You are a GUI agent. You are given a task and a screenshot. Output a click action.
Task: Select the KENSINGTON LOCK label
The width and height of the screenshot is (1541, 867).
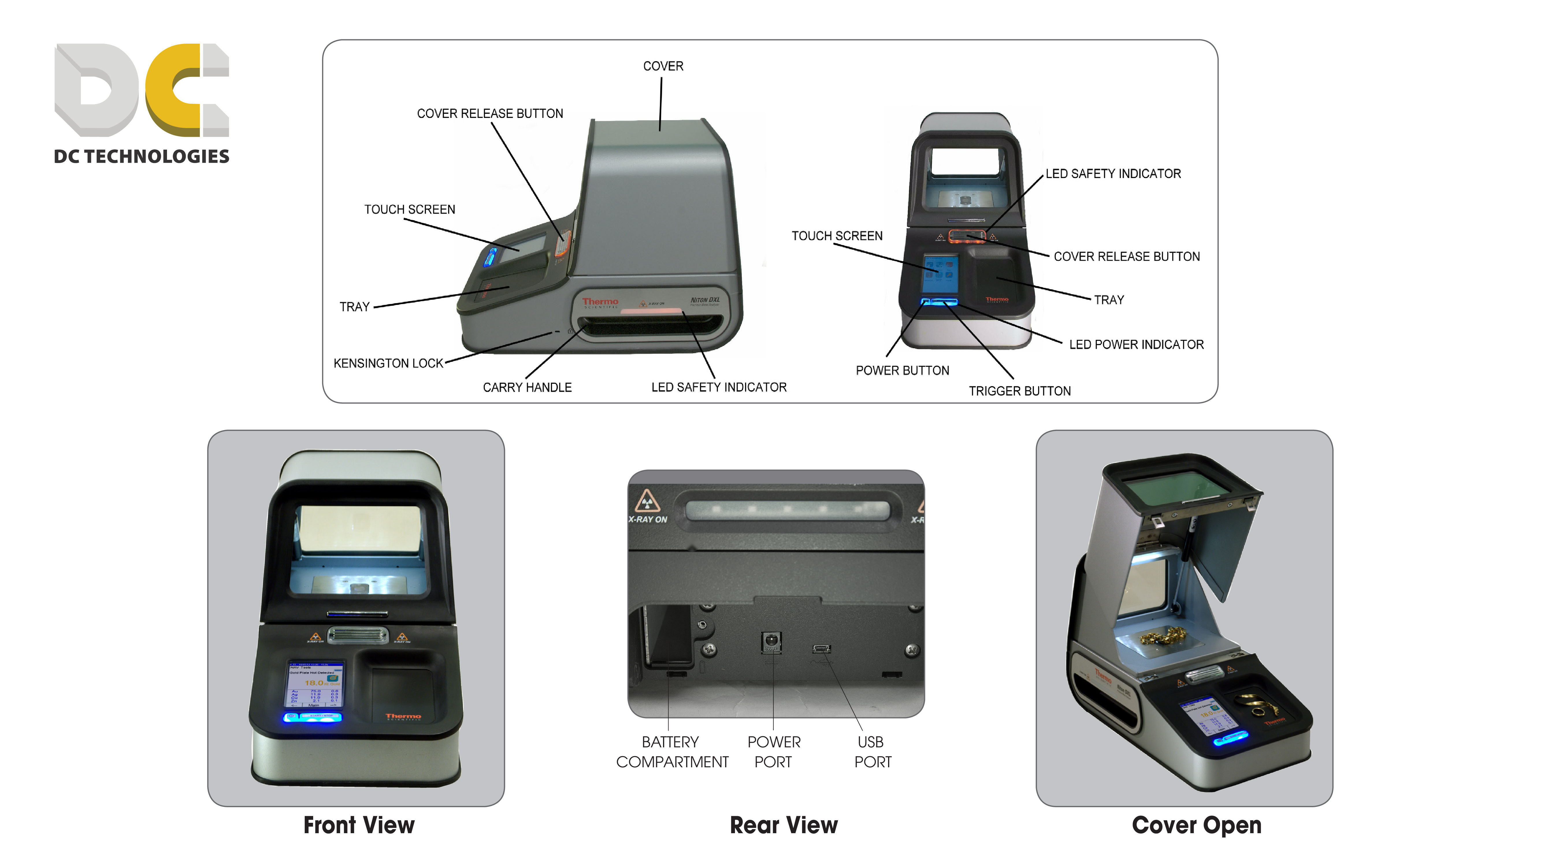pyautogui.click(x=388, y=363)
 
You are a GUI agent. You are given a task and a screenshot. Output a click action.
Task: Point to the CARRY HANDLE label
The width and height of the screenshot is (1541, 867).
pyautogui.click(x=527, y=388)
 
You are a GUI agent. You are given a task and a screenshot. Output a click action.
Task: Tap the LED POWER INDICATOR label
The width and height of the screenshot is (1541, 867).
pyautogui.click(x=1136, y=345)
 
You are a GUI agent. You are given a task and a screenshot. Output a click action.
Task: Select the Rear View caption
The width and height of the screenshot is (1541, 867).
pyautogui.click(x=784, y=825)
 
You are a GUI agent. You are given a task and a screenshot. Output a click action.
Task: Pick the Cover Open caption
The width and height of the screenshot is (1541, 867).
pyautogui.click(x=1196, y=825)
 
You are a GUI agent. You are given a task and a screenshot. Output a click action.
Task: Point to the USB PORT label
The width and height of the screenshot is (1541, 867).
pyautogui.click(x=872, y=752)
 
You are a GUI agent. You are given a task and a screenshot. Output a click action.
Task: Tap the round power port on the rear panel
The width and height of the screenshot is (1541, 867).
pyautogui.click(x=771, y=640)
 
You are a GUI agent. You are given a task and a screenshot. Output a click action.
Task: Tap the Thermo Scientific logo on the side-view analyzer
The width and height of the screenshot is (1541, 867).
pyautogui.click(x=600, y=303)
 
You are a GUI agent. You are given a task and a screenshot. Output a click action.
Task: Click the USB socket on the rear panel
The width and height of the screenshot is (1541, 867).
pyautogui.click(x=821, y=649)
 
